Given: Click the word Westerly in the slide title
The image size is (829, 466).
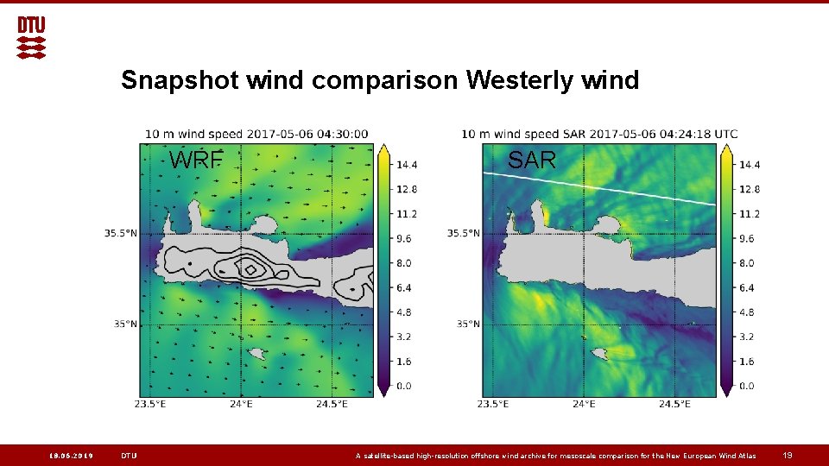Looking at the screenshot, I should click(x=509, y=80).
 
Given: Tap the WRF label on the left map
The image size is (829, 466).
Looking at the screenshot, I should click(x=196, y=160).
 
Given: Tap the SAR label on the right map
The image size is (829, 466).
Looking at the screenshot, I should click(x=532, y=160).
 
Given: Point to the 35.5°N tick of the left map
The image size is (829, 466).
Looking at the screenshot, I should click(x=120, y=233).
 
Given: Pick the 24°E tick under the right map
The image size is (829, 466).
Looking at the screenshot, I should click(x=584, y=404).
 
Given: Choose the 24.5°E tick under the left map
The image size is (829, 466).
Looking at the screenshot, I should click(x=332, y=404).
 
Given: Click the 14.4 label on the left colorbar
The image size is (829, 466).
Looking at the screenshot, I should click(x=408, y=164).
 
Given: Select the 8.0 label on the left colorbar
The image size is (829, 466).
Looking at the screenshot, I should click(x=404, y=263).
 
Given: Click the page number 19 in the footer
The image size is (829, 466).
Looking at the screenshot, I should click(x=787, y=456).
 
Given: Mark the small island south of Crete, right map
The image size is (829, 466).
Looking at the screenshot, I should click(x=598, y=353).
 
